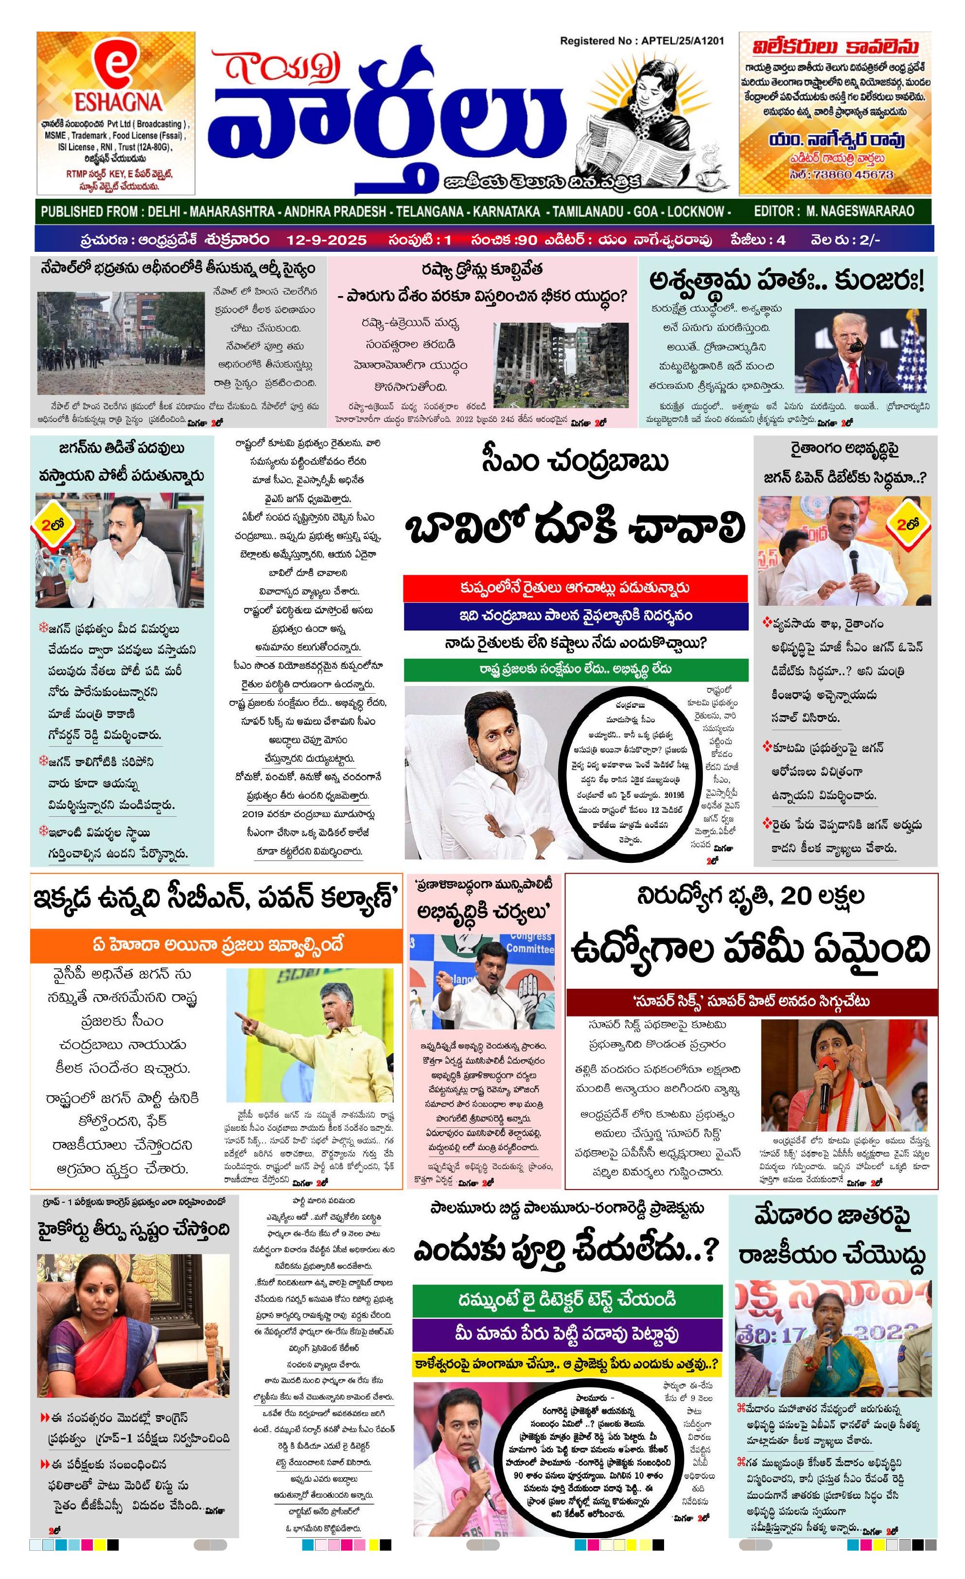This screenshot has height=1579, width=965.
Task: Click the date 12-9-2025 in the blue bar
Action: [x=326, y=240]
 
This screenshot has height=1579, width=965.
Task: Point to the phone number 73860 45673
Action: [x=850, y=175]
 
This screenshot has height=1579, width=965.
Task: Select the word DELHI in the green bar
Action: [x=163, y=211]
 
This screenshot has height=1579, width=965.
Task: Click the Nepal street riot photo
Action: [x=121, y=343]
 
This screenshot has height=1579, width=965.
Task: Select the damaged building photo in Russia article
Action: [x=560, y=369]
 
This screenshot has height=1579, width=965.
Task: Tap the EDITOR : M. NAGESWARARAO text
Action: [x=834, y=211]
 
